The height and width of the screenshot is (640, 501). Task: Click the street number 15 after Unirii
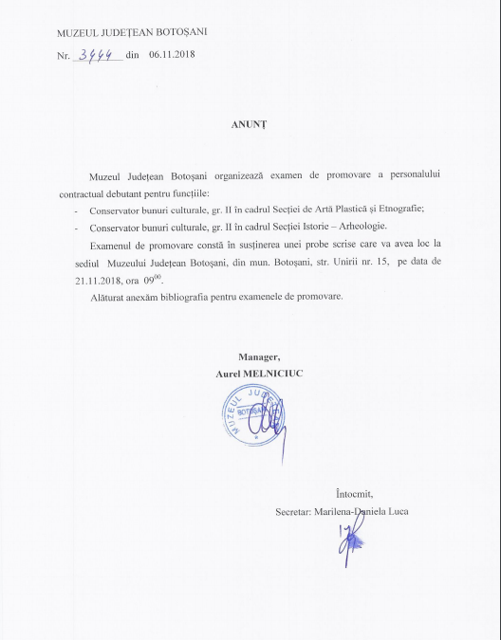(391, 261)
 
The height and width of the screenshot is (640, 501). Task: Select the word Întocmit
(355, 494)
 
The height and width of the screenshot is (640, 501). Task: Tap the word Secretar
(293, 513)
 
